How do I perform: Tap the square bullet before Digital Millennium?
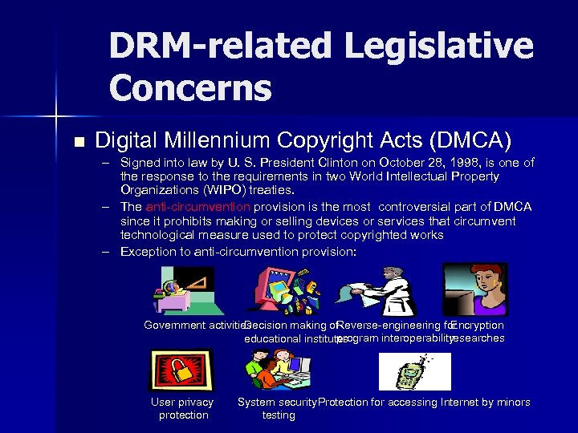pyautogui.click(x=78, y=142)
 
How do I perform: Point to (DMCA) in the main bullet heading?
pyautogui.click(x=471, y=140)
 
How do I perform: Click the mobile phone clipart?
pyautogui.click(x=414, y=372)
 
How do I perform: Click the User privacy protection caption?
pyautogui.click(x=183, y=408)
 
